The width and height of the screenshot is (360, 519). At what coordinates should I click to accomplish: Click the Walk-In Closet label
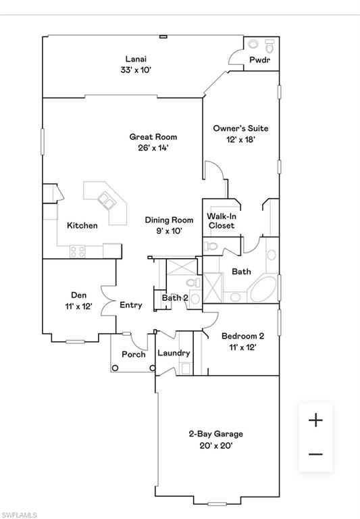tap(221, 221)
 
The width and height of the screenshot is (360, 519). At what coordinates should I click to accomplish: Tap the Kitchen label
tap(82, 225)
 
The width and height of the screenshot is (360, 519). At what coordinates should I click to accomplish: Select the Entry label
tap(131, 305)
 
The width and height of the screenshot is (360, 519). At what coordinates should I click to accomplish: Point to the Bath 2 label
tap(174, 297)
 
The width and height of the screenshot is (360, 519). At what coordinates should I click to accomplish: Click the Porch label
tap(133, 354)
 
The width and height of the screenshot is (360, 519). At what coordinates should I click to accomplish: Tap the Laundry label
tap(174, 353)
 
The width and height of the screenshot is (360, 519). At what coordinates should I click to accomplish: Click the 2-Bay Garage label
tap(215, 434)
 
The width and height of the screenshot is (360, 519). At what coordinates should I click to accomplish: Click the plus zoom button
tap(315, 420)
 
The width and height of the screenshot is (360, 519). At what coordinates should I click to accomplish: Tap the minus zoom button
tap(315, 454)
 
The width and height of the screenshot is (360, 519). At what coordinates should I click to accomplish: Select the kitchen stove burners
tap(77, 251)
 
